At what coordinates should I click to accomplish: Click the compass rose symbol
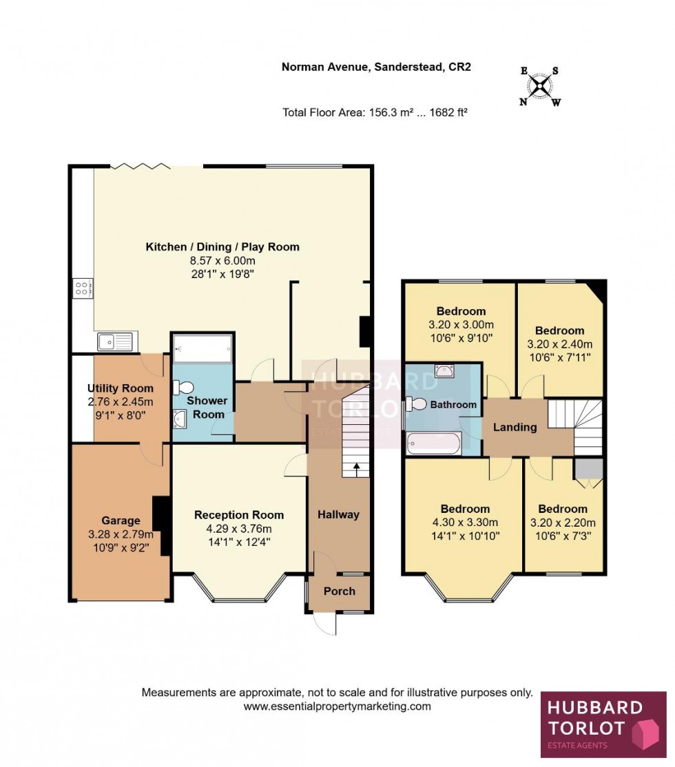click(x=541, y=85)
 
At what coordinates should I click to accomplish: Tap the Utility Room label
click(x=121, y=388)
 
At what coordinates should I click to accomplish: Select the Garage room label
click(x=121, y=521)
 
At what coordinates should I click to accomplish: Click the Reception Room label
click(x=238, y=515)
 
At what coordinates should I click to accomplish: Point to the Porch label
click(x=340, y=591)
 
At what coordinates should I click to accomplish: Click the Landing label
click(x=515, y=427)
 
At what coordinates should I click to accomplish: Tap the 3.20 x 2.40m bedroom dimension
click(x=559, y=344)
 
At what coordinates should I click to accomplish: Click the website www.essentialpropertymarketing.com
click(x=337, y=706)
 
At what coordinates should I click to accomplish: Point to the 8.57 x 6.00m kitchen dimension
click(x=222, y=260)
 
